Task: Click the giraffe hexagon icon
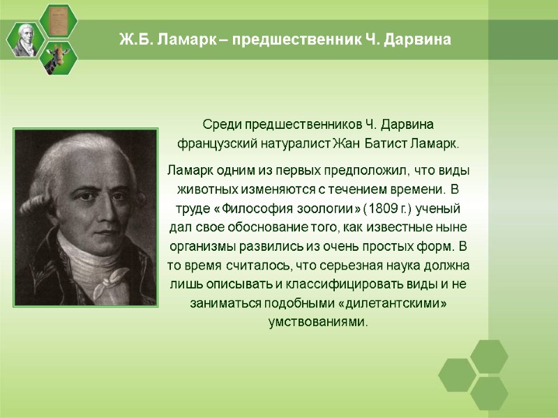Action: [59, 58]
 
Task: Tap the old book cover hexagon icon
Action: [59, 21]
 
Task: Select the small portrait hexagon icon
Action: [27, 40]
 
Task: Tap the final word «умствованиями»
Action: [318, 323]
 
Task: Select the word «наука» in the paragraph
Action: [395, 266]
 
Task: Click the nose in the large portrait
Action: [93, 210]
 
